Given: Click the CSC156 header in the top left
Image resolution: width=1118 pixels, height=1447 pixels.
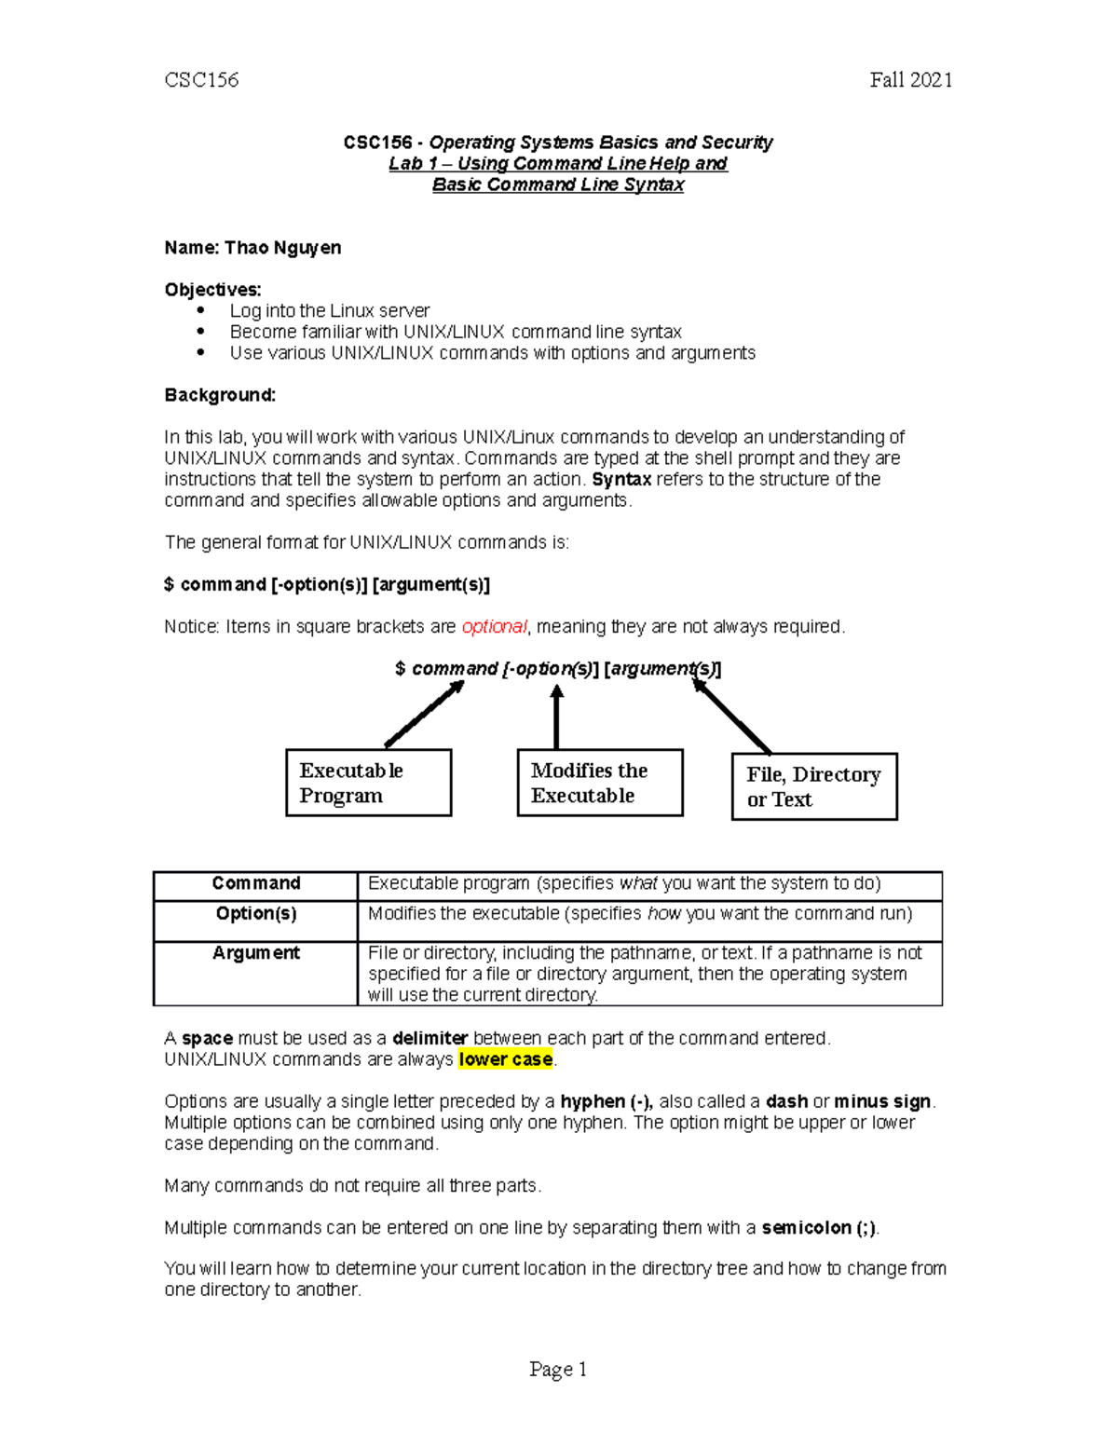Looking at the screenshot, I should click(201, 80).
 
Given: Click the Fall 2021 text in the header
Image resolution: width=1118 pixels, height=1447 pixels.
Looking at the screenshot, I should click(910, 80).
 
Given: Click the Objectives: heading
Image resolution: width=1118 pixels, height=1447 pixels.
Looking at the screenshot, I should click(212, 290).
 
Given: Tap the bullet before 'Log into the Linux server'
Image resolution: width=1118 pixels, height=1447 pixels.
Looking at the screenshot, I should click(200, 310).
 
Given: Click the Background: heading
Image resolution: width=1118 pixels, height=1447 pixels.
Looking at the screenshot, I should click(220, 395).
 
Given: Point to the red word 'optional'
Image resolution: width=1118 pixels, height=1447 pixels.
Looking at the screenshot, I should click(494, 627).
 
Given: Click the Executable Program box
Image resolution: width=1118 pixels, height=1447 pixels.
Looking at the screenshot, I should click(368, 783).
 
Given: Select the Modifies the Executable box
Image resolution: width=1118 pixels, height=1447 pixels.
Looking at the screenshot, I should click(599, 783).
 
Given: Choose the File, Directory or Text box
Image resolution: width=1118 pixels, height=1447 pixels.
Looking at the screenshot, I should click(814, 786).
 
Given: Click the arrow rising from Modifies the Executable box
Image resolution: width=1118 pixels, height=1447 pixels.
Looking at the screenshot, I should click(556, 717).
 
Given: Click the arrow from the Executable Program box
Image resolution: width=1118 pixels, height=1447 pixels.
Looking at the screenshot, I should click(425, 714).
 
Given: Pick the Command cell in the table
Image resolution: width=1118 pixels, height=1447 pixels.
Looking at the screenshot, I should click(256, 883).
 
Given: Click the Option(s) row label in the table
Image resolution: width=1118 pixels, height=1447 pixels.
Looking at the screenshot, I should click(256, 914).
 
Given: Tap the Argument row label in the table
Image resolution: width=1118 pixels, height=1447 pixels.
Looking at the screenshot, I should click(256, 953).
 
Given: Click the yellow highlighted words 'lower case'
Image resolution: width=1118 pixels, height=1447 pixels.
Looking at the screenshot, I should click(506, 1059).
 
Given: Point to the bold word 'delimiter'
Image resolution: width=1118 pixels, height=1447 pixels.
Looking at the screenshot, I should click(429, 1038).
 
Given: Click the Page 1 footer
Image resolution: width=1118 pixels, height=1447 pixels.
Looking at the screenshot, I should click(558, 1369).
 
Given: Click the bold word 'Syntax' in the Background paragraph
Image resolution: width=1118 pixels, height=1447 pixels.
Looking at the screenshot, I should click(621, 480).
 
